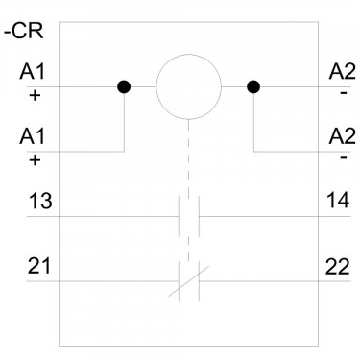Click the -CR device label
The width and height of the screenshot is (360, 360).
(x=23, y=32)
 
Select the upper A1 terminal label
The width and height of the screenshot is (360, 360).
(x=33, y=71)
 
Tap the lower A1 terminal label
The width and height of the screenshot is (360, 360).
(x=33, y=136)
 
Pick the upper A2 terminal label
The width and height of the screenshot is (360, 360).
(x=342, y=71)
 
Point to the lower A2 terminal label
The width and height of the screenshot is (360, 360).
(x=342, y=136)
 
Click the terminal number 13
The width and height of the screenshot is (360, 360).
(x=40, y=201)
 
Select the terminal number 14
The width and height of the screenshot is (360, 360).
(x=338, y=201)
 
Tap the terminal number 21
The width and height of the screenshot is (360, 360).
(x=39, y=266)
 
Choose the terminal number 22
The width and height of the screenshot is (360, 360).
(x=337, y=267)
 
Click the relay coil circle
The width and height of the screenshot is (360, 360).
(x=189, y=54)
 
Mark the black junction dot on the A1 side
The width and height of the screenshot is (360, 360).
(x=124, y=86)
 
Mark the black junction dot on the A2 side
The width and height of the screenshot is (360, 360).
(x=253, y=86)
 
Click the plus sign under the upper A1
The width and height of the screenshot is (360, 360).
(x=35, y=95)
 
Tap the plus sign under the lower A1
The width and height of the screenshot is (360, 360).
(x=35, y=160)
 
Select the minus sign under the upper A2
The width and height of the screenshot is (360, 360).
(x=344, y=93)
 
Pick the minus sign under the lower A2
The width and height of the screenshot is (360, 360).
(x=344, y=158)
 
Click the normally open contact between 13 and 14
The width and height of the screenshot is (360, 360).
(x=189, y=216)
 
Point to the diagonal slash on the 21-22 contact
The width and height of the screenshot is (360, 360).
(x=189, y=281)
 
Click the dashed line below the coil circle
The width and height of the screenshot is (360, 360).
(x=189, y=190)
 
